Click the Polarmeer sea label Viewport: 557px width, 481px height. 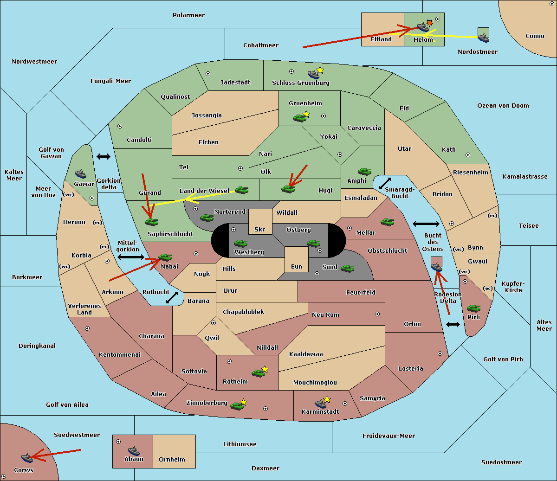[x=188, y=15]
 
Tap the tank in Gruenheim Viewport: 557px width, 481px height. [x=300, y=118]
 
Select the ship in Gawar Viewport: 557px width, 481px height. [x=80, y=174]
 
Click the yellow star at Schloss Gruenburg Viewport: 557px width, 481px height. [x=320, y=71]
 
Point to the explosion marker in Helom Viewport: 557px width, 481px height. [x=429, y=23]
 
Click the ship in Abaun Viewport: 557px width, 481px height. [x=134, y=451]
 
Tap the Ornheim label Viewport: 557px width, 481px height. [x=172, y=459]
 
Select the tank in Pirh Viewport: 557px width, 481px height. [x=473, y=308]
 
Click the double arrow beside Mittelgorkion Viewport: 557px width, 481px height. [x=131, y=257]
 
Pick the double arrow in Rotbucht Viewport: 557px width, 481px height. [x=172, y=298]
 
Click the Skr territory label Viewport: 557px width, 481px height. [x=260, y=229]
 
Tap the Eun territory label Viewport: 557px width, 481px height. [x=297, y=266]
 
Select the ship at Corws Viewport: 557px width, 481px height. [x=27, y=458]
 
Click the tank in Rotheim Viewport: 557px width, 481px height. [x=258, y=373]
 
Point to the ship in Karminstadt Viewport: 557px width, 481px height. [x=320, y=404]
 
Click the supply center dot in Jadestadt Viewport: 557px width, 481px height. [x=208, y=74]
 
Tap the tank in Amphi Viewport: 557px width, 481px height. [x=364, y=171]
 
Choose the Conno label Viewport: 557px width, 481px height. [x=535, y=36]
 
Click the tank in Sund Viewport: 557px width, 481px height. [x=347, y=268]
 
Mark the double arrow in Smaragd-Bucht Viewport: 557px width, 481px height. [x=385, y=183]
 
